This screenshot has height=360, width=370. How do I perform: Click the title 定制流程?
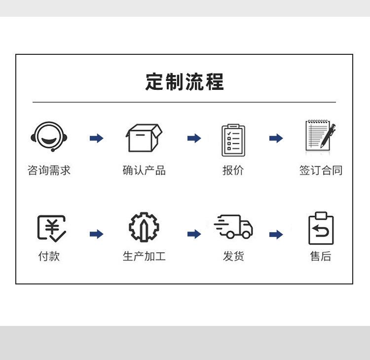click(185, 82)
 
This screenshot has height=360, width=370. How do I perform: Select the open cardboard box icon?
click(144, 138)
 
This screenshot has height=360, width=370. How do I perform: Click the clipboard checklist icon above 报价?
click(233, 140)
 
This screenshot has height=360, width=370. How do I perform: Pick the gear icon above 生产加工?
click(144, 228)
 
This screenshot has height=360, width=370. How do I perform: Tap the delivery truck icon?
click(233, 227)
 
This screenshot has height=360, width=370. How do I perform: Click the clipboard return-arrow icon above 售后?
click(321, 228)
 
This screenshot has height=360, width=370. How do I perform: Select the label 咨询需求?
click(49, 171)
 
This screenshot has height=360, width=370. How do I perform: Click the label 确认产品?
click(144, 171)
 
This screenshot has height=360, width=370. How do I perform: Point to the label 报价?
click(233, 171)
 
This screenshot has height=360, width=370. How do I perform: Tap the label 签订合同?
click(321, 171)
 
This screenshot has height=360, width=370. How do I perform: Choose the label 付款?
click(49, 256)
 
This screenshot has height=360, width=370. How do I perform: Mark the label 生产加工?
click(144, 256)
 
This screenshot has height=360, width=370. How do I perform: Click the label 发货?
click(233, 256)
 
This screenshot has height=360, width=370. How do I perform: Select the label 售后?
click(321, 256)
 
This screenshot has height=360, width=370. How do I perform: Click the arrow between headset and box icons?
click(97, 138)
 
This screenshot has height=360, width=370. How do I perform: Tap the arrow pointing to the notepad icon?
click(276, 138)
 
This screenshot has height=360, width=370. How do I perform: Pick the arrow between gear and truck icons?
click(194, 234)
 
